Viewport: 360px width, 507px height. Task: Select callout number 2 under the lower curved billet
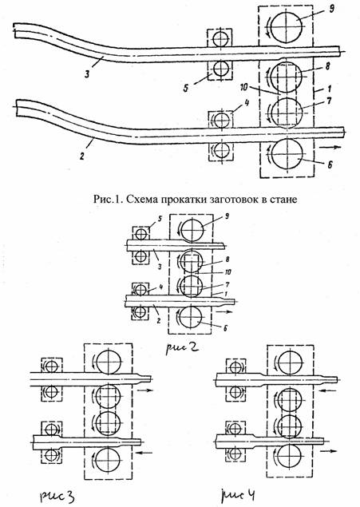(82, 156)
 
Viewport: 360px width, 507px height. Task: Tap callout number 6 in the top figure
(330, 165)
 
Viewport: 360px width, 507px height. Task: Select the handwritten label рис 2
(182, 348)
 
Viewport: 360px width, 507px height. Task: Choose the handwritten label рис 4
(238, 495)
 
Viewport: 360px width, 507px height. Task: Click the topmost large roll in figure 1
(287, 26)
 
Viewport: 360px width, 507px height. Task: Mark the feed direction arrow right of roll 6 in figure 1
(330, 147)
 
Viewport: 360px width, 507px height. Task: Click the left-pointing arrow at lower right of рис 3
(144, 453)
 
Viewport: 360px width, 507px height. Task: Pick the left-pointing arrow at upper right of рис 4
(326, 391)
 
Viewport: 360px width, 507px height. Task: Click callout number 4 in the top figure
(247, 104)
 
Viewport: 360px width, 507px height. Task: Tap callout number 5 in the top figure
(186, 88)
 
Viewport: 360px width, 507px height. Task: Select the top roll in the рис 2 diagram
(192, 231)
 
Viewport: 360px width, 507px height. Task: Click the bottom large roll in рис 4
(290, 456)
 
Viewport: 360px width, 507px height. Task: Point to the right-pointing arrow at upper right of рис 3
(144, 390)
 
